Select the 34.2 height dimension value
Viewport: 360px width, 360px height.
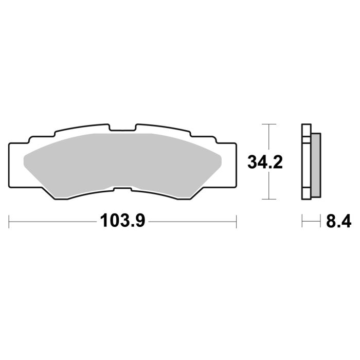[265, 162]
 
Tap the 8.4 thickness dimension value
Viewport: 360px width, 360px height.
[337, 222]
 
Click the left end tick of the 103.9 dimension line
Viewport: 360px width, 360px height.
[10, 222]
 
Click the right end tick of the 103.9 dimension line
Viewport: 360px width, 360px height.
[236, 222]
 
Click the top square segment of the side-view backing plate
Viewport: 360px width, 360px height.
[306, 129]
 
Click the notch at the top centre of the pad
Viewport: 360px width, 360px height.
[122, 128]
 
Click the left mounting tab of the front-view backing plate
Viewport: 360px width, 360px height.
[17, 165]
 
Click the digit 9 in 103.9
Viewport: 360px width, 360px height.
[140, 222]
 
